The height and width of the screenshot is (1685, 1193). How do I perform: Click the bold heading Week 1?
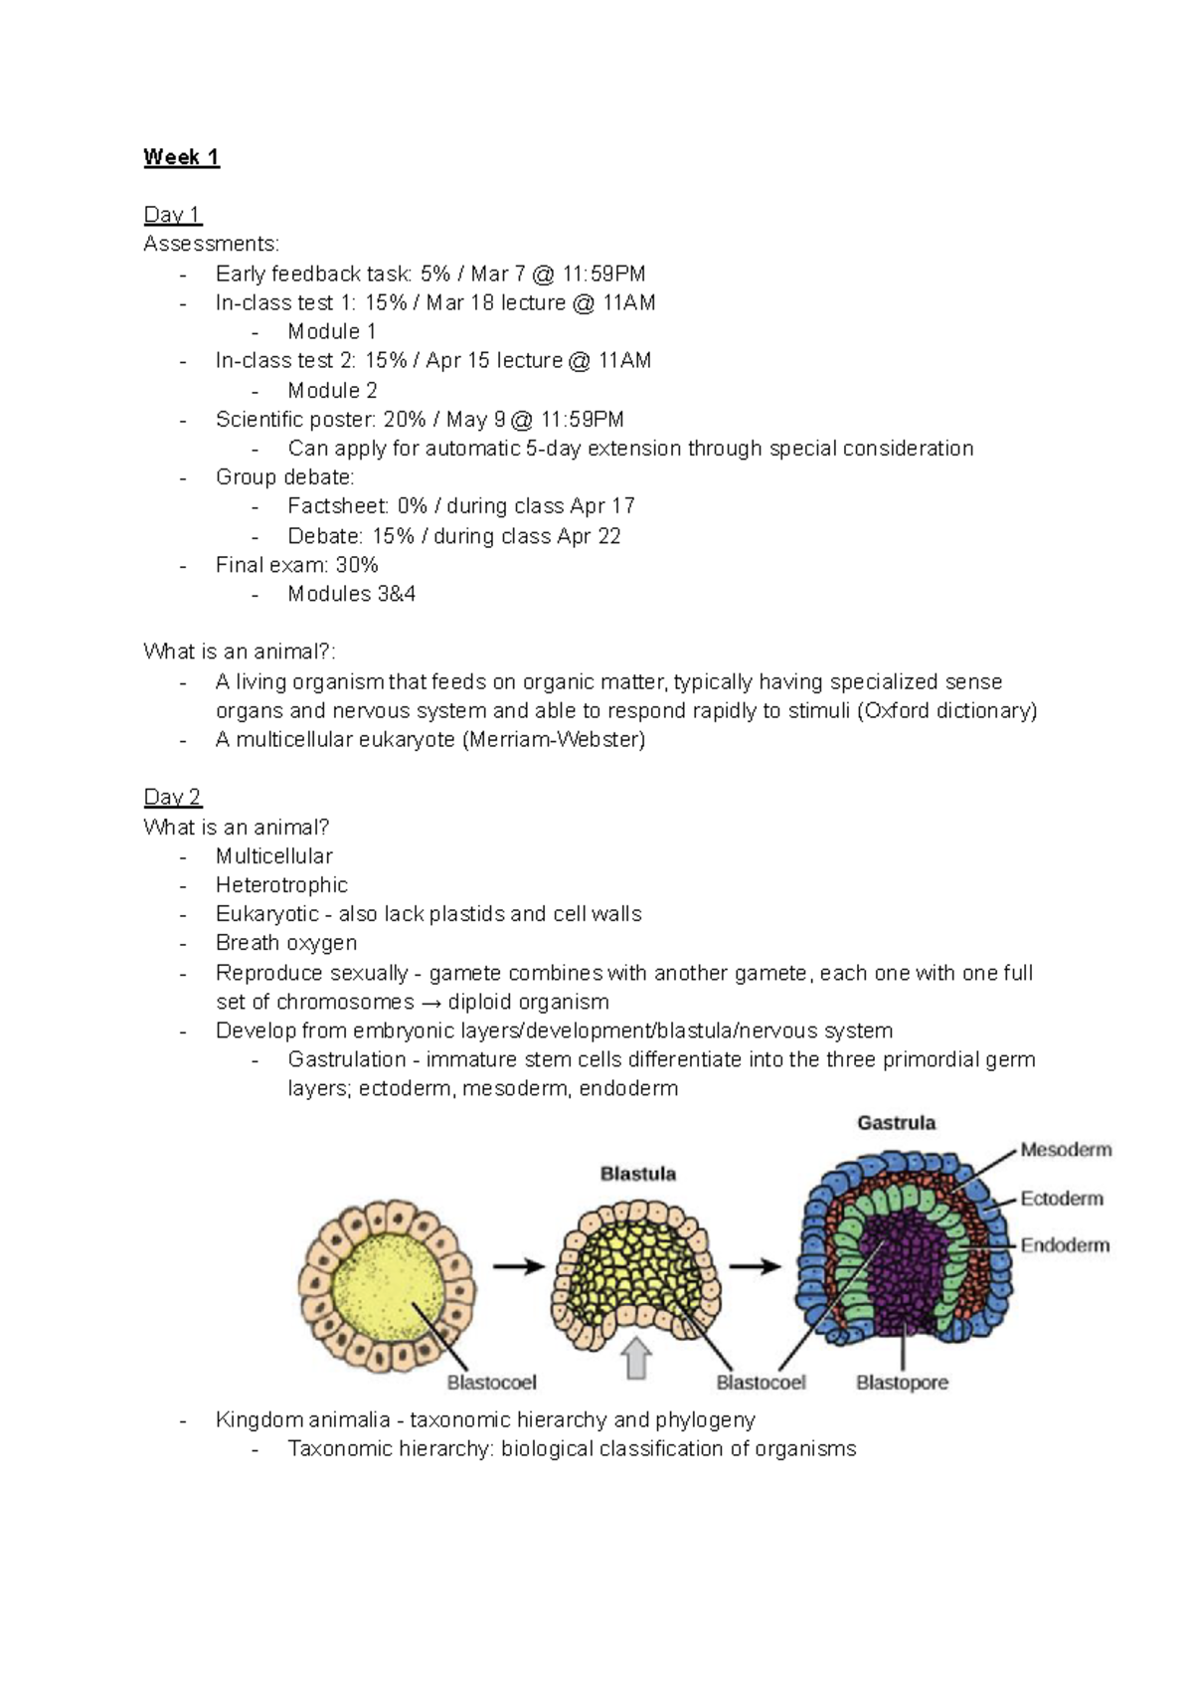click(181, 157)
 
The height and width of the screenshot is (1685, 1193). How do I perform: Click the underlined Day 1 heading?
click(172, 215)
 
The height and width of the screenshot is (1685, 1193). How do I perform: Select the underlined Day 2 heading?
click(172, 797)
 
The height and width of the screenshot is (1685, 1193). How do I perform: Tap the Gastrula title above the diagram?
click(896, 1123)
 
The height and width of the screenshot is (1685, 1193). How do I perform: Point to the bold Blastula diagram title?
click(637, 1174)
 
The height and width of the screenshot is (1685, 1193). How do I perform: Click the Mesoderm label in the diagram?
click(1066, 1150)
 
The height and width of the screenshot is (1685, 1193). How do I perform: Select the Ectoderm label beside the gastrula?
click(1062, 1199)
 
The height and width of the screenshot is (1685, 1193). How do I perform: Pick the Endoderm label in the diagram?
click(1065, 1245)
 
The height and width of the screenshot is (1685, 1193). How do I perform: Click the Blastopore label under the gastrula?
click(902, 1383)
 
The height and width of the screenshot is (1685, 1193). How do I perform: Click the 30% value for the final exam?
click(357, 565)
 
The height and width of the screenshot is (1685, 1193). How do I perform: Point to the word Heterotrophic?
click(281, 885)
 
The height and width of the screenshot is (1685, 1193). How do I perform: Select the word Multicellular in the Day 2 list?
click(273, 856)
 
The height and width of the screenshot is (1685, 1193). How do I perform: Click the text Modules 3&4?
click(351, 594)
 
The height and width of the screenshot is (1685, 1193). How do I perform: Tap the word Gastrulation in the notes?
click(347, 1059)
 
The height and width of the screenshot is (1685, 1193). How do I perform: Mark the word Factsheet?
click(336, 506)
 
